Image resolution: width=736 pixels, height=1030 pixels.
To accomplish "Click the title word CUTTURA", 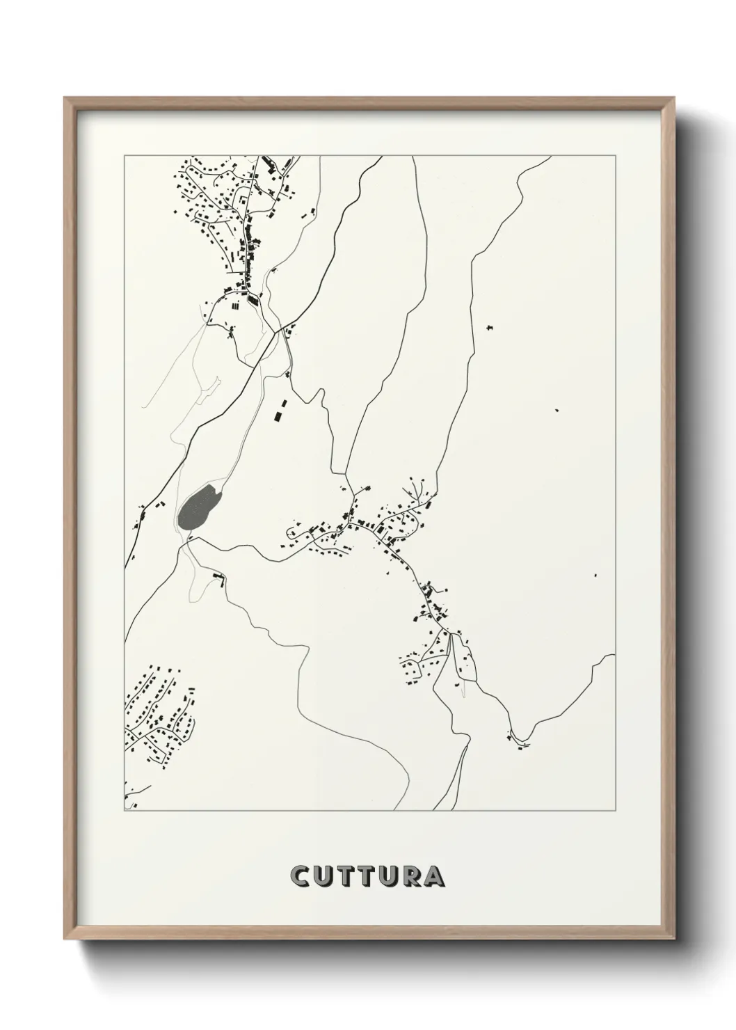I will [x=368, y=875].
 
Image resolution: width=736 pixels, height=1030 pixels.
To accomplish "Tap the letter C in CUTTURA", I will [x=301, y=875].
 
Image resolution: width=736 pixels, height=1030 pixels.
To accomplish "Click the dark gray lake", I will [x=199, y=507].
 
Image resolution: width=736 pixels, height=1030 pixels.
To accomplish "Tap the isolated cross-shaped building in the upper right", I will [x=490, y=326].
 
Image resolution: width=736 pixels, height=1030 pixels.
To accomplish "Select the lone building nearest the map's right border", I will [x=595, y=575].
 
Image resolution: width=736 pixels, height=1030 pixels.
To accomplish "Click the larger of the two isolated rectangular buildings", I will [x=279, y=415].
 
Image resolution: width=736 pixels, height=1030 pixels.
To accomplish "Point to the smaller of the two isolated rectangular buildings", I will [x=283, y=403].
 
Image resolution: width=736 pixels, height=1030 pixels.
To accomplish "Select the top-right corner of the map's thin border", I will [x=614, y=155].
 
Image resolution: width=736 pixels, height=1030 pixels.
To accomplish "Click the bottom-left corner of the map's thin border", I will [x=125, y=811].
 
